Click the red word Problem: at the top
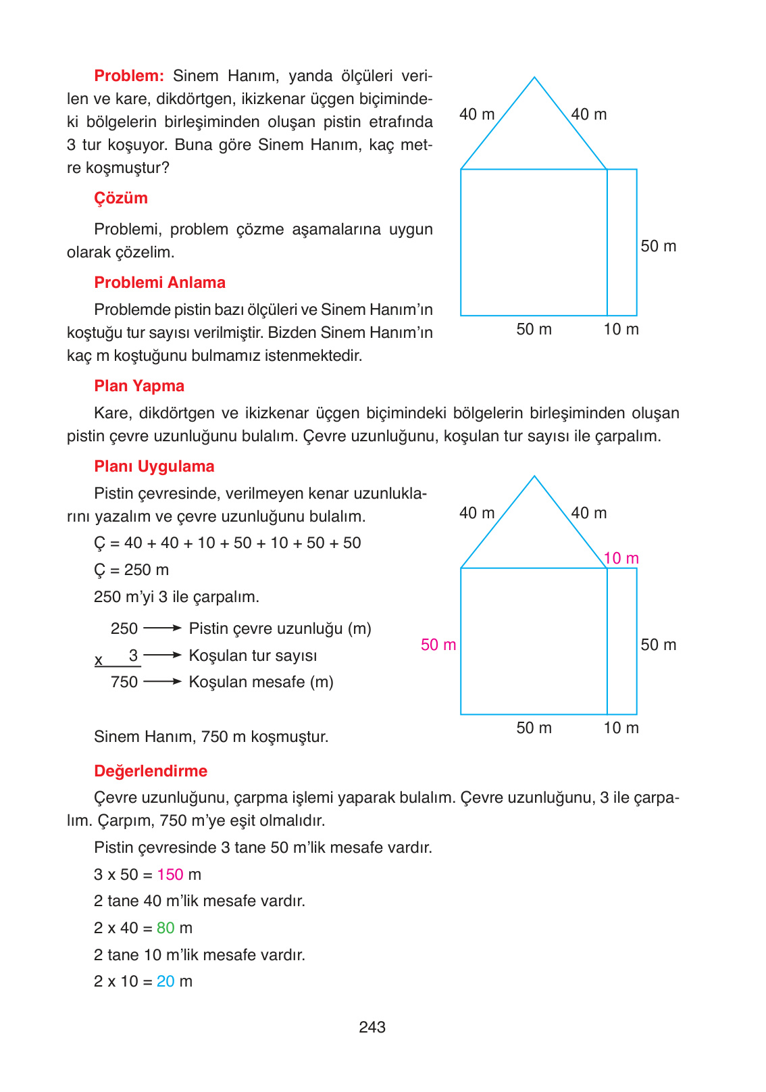129,76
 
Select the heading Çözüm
121,198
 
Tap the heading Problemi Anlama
159,282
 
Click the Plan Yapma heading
139,386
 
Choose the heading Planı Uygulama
154,466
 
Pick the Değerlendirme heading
151,771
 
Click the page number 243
372,1027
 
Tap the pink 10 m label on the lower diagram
621,558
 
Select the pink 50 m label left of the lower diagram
438,645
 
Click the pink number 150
170,874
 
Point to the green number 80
165,928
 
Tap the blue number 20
165,981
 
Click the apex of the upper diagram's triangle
534,78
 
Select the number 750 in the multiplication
124,682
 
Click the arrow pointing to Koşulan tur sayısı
163,655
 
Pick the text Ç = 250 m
131,570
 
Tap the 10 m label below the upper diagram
621,329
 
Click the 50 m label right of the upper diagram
658,246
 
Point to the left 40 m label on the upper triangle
477,114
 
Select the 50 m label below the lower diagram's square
534,728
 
